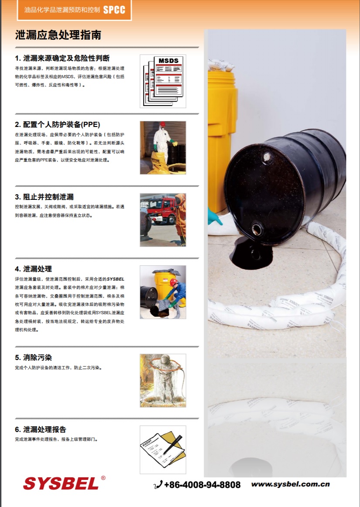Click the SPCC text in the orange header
tap(114, 10)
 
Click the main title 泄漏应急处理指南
tap(58, 35)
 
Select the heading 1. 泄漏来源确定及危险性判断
tap(62, 58)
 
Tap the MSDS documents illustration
tap(163, 81)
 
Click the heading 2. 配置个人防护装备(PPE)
tap(58, 124)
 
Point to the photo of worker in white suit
tap(163, 148)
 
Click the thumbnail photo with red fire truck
tap(163, 220)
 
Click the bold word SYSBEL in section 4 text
tap(116, 279)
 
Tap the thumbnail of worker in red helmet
tap(163, 292)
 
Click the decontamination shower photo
tap(163, 380)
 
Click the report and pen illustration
tap(163, 450)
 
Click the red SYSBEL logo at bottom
tap(61, 483)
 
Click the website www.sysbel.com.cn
tap(290, 484)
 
